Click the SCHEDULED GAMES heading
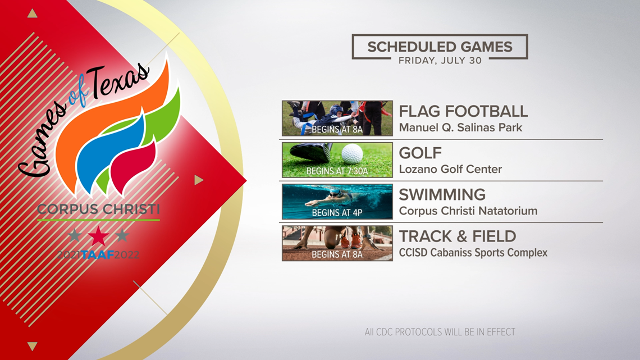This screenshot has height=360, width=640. pyautogui.click(x=440, y=47)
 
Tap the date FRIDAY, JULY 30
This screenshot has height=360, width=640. pyautogui.click(x=440, y=61)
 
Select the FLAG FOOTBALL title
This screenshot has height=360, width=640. pyautogui.click(x=463, y=111)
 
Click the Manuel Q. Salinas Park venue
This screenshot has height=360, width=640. pyautogui.click(x=460, y=127)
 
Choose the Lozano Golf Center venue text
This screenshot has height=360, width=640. pyautogui.click(x=450, y=170)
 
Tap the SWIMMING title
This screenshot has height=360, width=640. pyautogui.click(x=442, y=195)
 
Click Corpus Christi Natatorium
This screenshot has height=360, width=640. pyautogui.click(x=468, y=211)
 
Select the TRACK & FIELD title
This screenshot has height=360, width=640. pyautogui.click(x=458, y=236)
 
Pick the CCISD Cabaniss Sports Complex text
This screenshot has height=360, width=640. pyautogui.click(x=473, y=253)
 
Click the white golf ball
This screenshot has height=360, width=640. pyautogui.click(x=352, y=154)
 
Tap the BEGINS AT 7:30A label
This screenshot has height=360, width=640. pyautogui.click(x=337, y=171)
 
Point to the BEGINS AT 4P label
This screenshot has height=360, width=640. pyautogui.click(x=337, y=213)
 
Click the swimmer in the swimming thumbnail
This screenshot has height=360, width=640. pyautogui.click(x=331, y=197)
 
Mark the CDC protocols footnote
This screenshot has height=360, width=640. pyautogui.click(x=440, y=332)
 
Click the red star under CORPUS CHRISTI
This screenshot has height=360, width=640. pyautogui.click(x=98, y=236)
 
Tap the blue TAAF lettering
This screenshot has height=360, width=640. pyautogui.click(x=98, y=255)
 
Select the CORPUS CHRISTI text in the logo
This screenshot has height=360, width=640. pyautogui.click(x=98, y=209)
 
